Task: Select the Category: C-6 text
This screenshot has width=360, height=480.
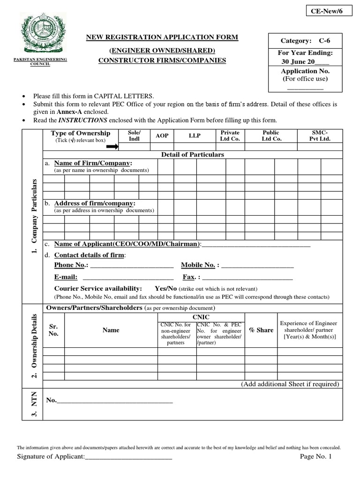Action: pyautogui.click(x=305, y=41)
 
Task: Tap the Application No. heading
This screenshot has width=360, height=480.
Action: pyautogui.click(x=305, y=71)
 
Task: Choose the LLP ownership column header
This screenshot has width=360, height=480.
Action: pyautogui.click(x=194, y=135)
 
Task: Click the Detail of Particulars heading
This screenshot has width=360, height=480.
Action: pyautogui.click(x=192, y=154)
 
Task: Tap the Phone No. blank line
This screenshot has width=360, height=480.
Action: pyautogui.click(x=131, y=266)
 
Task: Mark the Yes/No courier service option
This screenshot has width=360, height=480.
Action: pyautogui.click(x=165, y=288)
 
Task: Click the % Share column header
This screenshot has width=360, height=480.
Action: pyautogui.click(x=261, y=330)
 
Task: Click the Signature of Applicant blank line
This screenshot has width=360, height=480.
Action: pyautogui.click(x=128, y=457)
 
